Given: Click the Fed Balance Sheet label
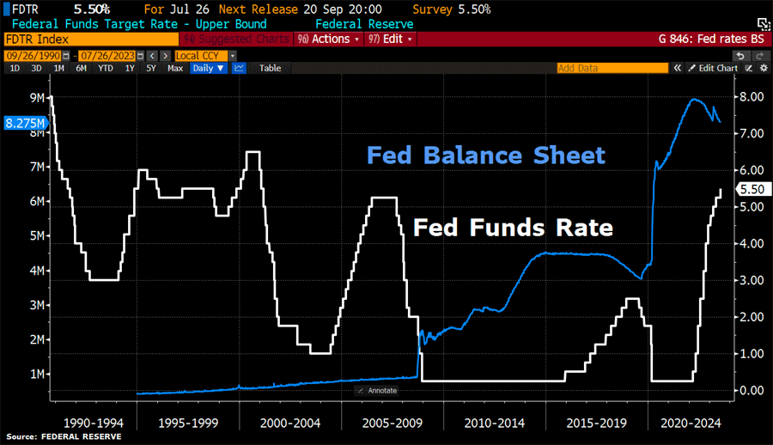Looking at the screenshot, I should [486, 155].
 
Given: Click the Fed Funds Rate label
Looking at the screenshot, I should [513, 228].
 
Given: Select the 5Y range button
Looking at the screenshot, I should [151, 68].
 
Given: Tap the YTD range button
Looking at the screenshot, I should [106, 68].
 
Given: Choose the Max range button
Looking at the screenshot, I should [174, 68].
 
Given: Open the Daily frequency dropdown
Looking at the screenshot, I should [209, 68].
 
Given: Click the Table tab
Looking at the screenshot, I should [270, 68].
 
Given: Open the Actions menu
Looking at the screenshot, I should [326, 39].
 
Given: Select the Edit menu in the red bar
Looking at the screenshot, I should [391, 39].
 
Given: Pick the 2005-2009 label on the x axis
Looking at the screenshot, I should [393, 423].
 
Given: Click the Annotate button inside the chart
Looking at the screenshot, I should [377, 390].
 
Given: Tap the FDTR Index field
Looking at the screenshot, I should [86, 39].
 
